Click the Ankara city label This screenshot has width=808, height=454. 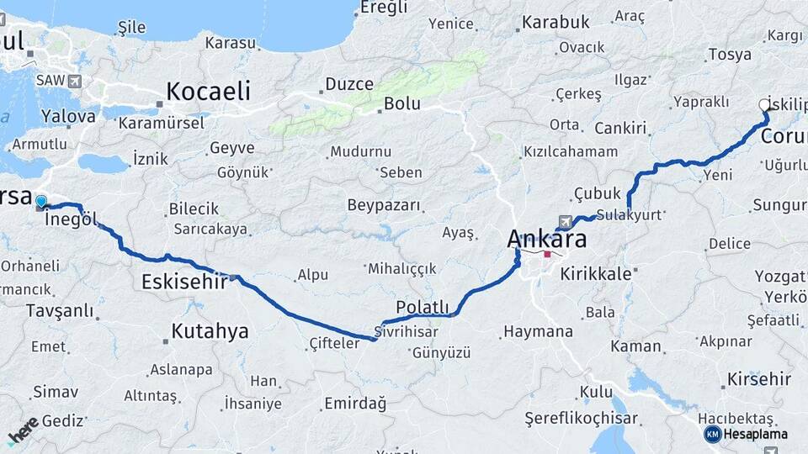(x=546, y=239)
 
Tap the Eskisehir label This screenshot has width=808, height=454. (x=180, y=282)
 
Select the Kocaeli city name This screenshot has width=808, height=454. (x=208, y=91)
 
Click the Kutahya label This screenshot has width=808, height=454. (x=210, y=331)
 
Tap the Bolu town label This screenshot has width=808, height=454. (x=401, y=104)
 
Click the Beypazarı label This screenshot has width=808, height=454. (x=383, y=205)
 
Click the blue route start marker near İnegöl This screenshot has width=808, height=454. (x=41, y=202)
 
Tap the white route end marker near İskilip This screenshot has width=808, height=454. (x=764, y=105)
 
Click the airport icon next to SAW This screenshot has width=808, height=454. (x=77, y=81)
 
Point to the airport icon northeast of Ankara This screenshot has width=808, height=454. (x=564, y=221)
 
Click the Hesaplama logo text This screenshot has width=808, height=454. (x=755, y=435)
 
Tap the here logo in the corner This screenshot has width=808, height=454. (x=24, y=430)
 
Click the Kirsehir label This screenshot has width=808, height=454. (x=758, y=379)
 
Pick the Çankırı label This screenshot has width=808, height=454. (x=620, y=129)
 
